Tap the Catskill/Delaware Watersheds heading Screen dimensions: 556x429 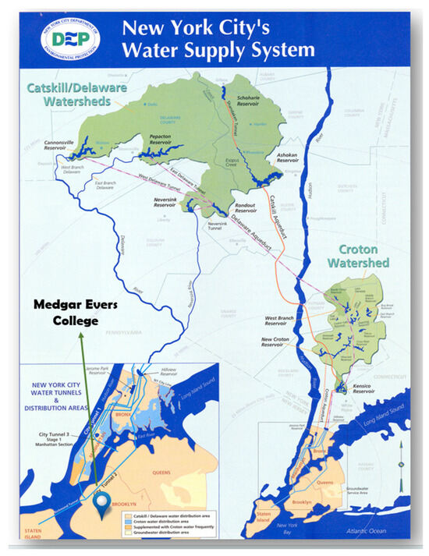69,94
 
